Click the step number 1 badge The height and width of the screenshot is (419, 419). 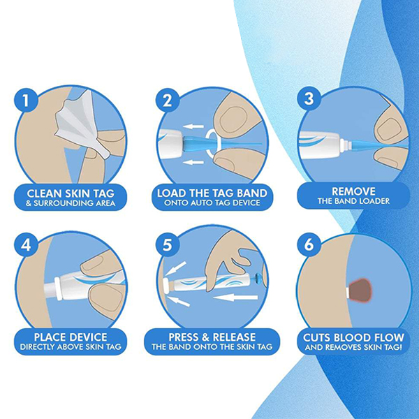(26, 101)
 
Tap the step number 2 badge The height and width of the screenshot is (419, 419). (168, 101)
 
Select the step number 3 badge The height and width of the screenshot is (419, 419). (309, 98)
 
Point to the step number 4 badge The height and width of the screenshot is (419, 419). (26, 245)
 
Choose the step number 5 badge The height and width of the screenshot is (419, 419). (168, 245)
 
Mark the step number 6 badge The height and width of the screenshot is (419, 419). (309, 245)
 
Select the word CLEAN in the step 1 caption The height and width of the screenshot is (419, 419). (43, 193)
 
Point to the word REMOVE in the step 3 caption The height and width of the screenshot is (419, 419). (353, 191)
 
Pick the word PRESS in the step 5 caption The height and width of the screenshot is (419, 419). (182, 337)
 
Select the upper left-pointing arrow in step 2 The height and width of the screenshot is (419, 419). (193, 126)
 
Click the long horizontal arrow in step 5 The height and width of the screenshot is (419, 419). (235, 297)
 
